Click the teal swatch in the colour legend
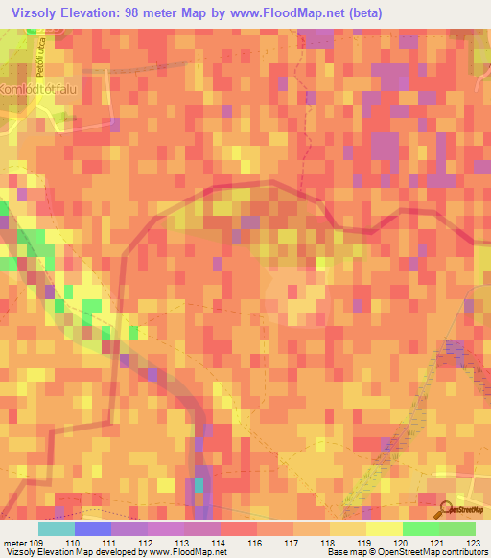57,528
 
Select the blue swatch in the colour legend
93,528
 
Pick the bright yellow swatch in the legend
385,528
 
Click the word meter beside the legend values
14,543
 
